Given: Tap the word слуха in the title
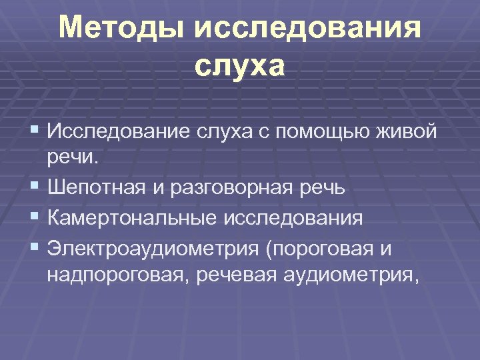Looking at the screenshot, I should pyautogui.click(x=240, y=67).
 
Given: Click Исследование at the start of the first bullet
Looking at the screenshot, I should pyautogui.click(x=117, y=131).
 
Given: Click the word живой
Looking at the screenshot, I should pyautogui.click(x=410, y=131).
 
